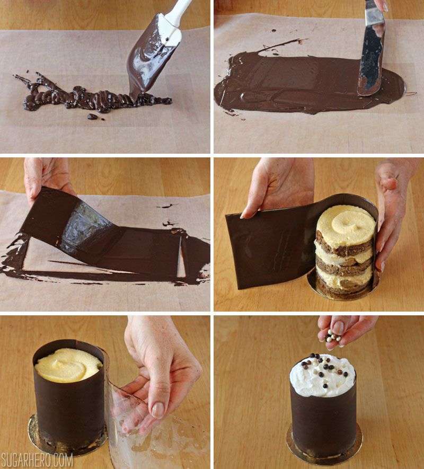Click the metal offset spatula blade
pyautogui.click(x=370, y=51)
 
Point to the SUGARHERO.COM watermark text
pyautogui.click(x=37, y=460)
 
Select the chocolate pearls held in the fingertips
pyautogui.click(x=333, y=337)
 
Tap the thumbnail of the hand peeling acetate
pyautogui.click(x=158, y=410)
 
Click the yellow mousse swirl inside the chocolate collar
pyautogui.click(x=68, y=365)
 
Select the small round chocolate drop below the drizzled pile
pyautogui.click(x=92, y=117)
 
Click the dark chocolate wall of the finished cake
pyautogui.click(x=323, y=424)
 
